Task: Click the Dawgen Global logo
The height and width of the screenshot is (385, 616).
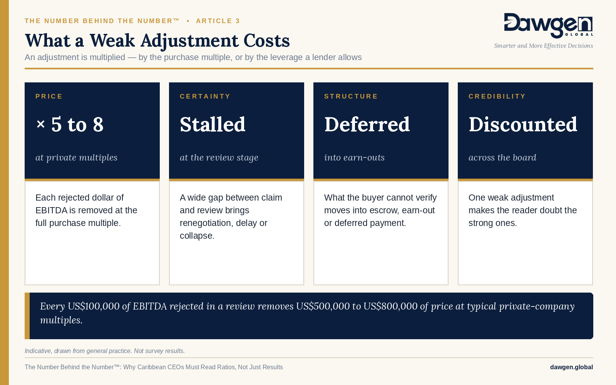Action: pos(548,25)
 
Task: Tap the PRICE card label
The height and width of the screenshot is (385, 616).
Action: pos(49,96)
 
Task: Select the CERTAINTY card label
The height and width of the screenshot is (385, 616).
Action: pos(205,96)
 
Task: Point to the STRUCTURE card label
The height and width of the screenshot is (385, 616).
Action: pos(351,96)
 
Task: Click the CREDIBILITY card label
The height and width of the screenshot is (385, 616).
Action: pos(497,96)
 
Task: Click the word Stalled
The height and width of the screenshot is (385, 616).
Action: pos(213,124)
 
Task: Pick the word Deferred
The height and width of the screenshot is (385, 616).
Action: pos(367,124)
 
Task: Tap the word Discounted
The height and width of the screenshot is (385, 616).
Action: pos(523,124)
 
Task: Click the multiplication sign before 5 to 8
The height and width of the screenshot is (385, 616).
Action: pos(41,124)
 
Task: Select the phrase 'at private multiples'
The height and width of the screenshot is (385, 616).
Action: pos(77,157)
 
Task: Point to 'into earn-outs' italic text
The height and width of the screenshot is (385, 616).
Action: pos(354,157)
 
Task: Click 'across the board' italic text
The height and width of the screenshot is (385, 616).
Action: pos(502,157)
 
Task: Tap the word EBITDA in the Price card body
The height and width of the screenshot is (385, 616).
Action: pos(52,210)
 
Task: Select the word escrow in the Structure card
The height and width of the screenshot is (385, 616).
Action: pos(385,210)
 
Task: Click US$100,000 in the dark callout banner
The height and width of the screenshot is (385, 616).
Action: pos(94,306)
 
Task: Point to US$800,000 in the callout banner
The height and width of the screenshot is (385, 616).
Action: pos(390,306)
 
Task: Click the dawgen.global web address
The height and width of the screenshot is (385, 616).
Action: pos(571,367)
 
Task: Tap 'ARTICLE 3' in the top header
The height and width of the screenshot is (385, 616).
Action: pos(218,21)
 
